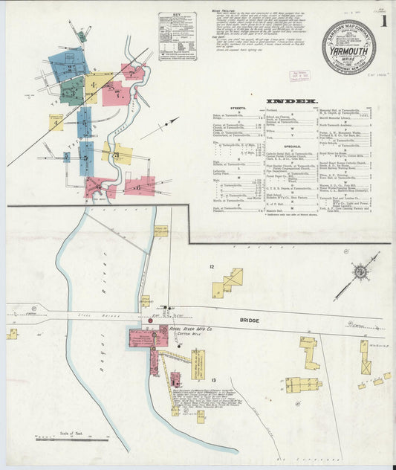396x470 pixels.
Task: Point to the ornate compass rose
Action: [360, 271]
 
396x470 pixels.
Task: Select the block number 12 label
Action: [212, 266]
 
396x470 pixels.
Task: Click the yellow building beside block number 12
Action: [230, 283]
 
